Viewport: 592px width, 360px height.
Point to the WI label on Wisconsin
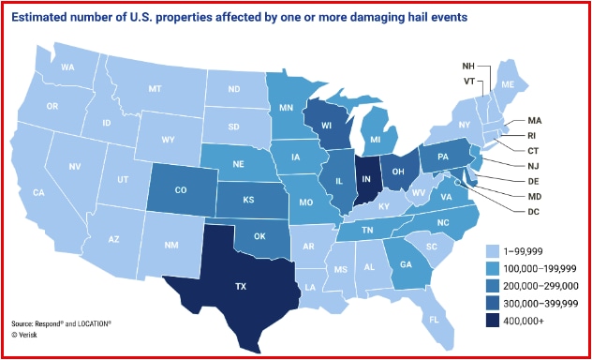click(326, 125)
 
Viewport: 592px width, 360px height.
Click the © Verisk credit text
click(29, 333)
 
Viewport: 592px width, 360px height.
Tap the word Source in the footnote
click(25, 322)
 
